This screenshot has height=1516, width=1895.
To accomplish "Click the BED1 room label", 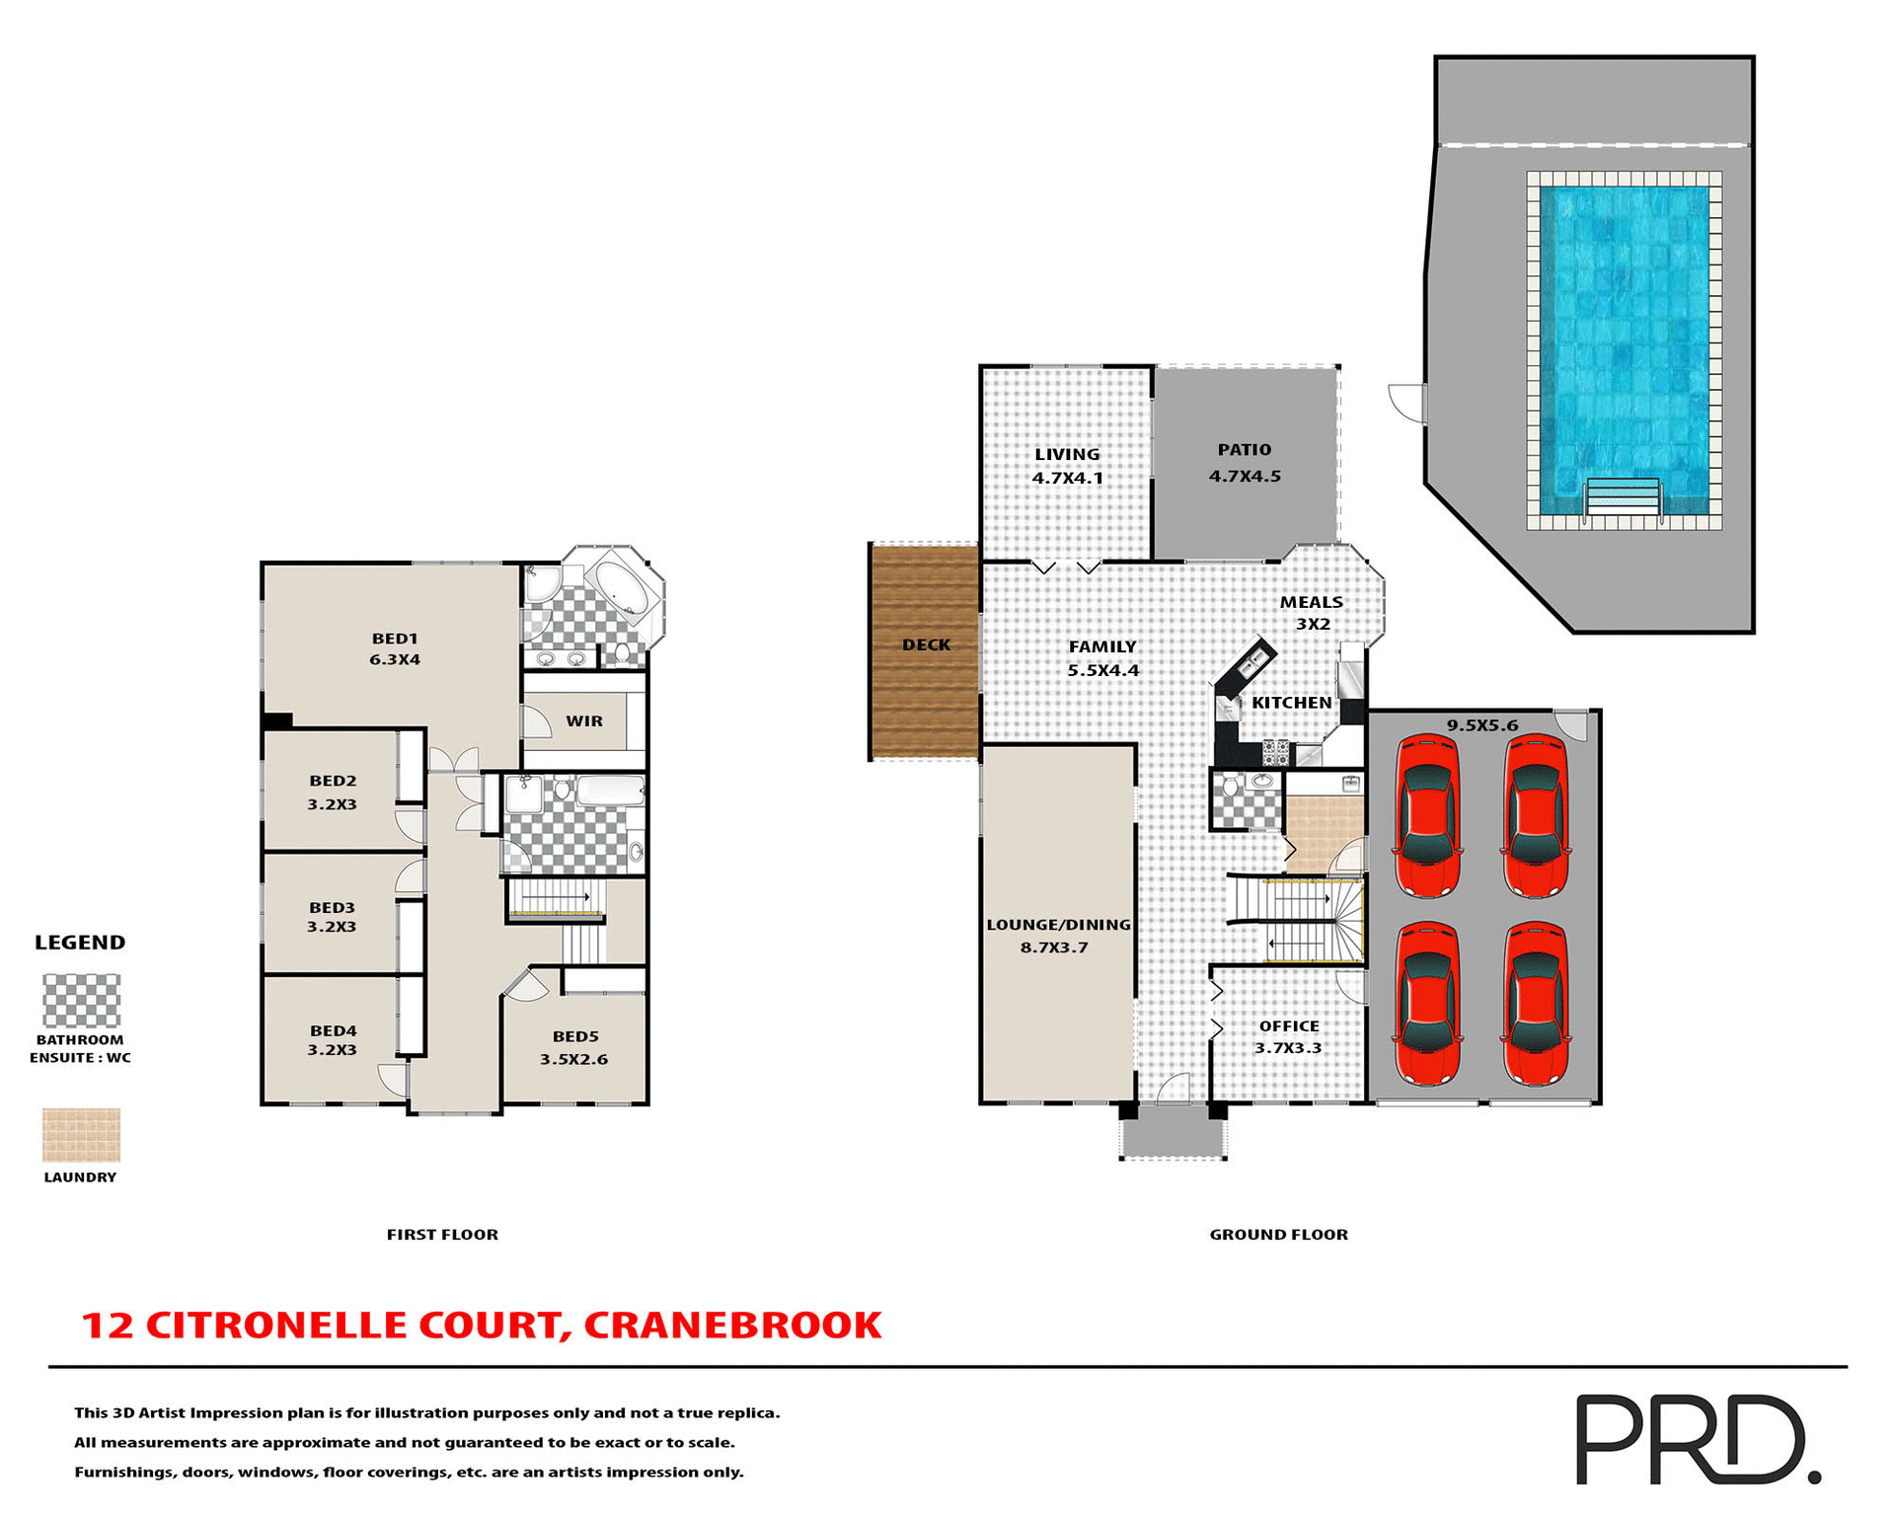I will [x=394, y=639].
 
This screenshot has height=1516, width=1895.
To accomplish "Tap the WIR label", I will [x=584, y=721].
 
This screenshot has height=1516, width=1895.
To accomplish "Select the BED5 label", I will [x=575, y=1036].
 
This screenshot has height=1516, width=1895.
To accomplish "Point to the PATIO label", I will [x=1244, y=450].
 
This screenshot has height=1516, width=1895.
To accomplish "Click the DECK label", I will [x=926, y=645].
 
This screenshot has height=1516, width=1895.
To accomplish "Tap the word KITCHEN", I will [x=1291, y=703].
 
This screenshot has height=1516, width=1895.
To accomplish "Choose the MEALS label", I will [x=1311, y=602].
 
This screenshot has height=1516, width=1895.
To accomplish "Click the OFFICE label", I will [x=1288, y=1026].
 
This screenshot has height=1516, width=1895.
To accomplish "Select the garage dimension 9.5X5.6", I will [x=1481, y=725].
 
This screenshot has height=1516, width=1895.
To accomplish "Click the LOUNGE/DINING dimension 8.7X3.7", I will [x=1054, y=947].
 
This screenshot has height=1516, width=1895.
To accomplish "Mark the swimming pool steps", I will [x=1622, y=495].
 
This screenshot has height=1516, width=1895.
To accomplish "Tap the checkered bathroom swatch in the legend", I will [x=81, y=1001].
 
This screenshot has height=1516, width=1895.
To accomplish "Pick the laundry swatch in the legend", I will [x=81, y=1135].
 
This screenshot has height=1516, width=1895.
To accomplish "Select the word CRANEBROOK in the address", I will [x=732, y=1326].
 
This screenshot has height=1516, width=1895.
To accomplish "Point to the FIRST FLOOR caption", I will [x=442, y=1235].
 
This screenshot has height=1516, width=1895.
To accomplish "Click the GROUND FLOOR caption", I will [x=1278, y=1235].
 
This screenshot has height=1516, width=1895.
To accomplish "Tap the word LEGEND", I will [x=80, y=943].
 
